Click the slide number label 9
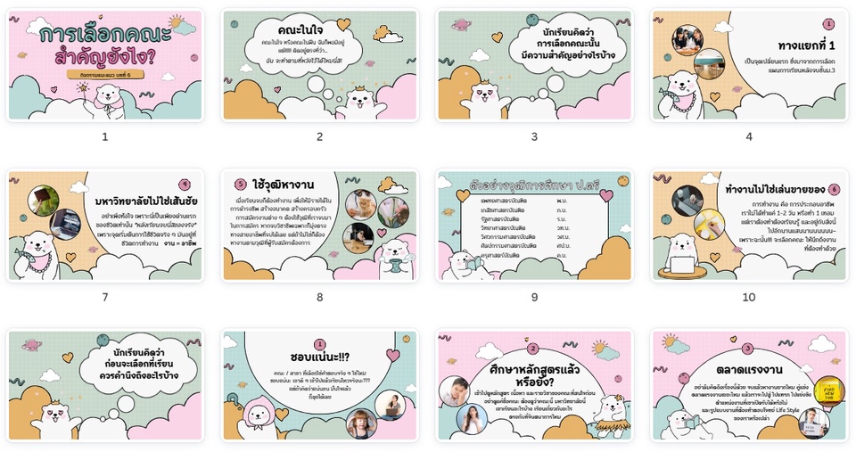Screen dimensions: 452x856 click(x=534, y=297)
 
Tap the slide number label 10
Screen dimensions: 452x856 click(x=749, y=297)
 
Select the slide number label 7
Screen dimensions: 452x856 click(x=104, y=297)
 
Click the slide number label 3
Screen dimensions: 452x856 click(x=534, y=136)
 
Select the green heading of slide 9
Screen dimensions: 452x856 click(x=535, y=185)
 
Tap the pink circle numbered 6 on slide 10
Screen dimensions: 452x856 click(x=834, y=189)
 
